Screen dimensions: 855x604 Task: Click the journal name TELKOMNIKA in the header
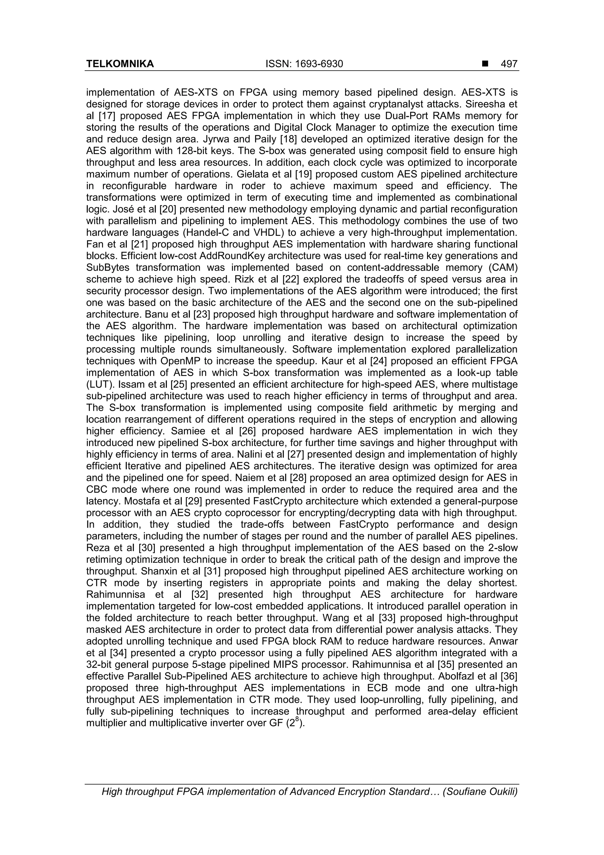click(120, 64)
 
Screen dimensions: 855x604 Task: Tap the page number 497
click(509, 64)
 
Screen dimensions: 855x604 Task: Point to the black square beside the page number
click(485, 64)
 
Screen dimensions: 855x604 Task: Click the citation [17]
click(109, 116)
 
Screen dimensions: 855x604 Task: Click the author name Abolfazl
click(456, 676)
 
